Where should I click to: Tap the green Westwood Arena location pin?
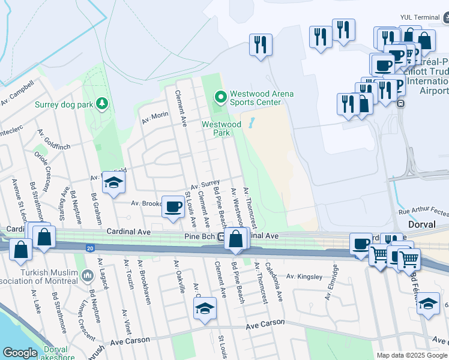click(x=220, y=95)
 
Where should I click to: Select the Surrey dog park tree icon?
click(x=103, y=104)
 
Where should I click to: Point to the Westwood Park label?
click(x=221, y=128)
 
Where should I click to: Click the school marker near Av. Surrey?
click(x=113, y=183)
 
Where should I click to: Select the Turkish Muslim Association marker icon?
click(x=88, y=277)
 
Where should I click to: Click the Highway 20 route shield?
click(x=89, y=247)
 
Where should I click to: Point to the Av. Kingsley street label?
click(x=304, y=277)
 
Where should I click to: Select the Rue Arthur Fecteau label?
click(x=423, y=212)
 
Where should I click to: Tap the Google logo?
click(x=20, y=353)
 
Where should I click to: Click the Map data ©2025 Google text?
click(x=412, y=355)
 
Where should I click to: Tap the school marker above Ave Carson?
click(x=205, y=309)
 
